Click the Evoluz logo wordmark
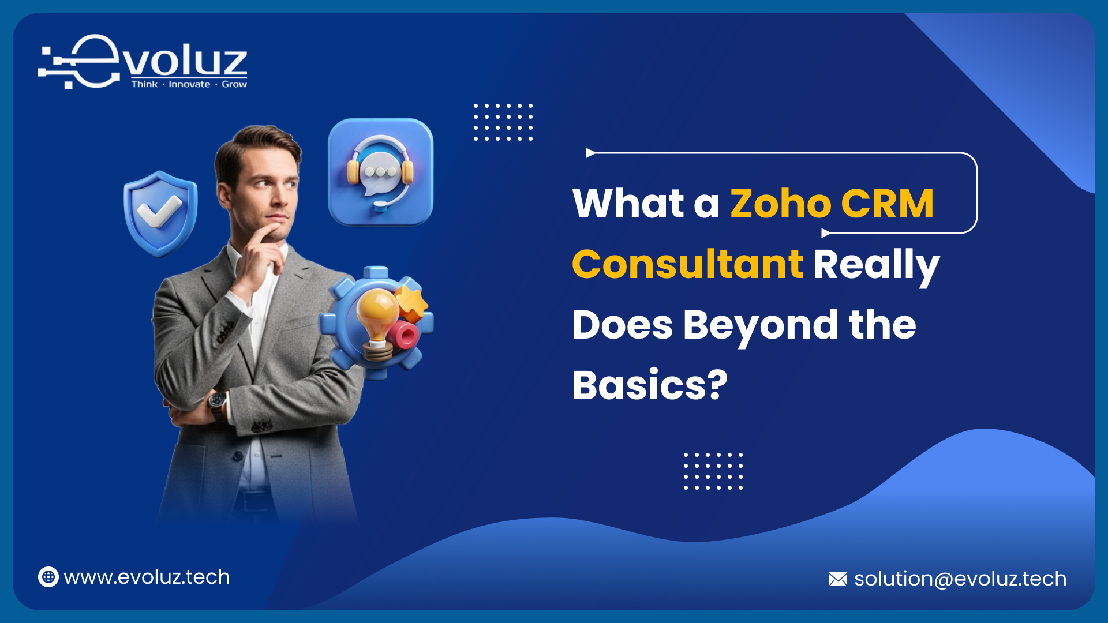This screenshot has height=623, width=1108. click(143, 62)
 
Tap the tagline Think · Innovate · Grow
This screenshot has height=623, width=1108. click(189, 84)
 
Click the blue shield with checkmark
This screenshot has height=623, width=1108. click(160, 213)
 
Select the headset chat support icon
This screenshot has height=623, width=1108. click(380, 172)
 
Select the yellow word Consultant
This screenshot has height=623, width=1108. click(687, 264)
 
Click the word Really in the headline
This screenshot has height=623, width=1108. click(877, 267)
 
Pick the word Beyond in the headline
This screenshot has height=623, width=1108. click(761, 326)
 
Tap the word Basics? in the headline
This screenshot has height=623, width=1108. click(650, 385)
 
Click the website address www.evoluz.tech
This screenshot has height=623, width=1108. click(147, 577)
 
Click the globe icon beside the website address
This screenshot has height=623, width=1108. click(48, 577)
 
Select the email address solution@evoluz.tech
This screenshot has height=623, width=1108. click(960, 579)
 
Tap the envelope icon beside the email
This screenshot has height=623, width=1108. click(838, 579)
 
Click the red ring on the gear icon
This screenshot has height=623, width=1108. click(403, 335)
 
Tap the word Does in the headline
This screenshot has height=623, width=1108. click(622, 325)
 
